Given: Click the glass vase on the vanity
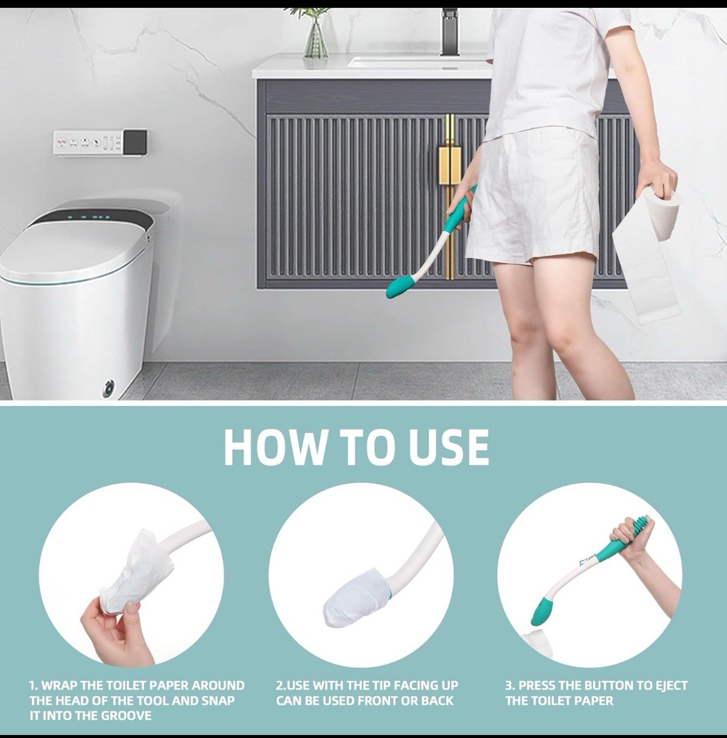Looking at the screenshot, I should (x=315, y=39).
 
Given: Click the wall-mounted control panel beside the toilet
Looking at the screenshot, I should (x=100, y=143).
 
